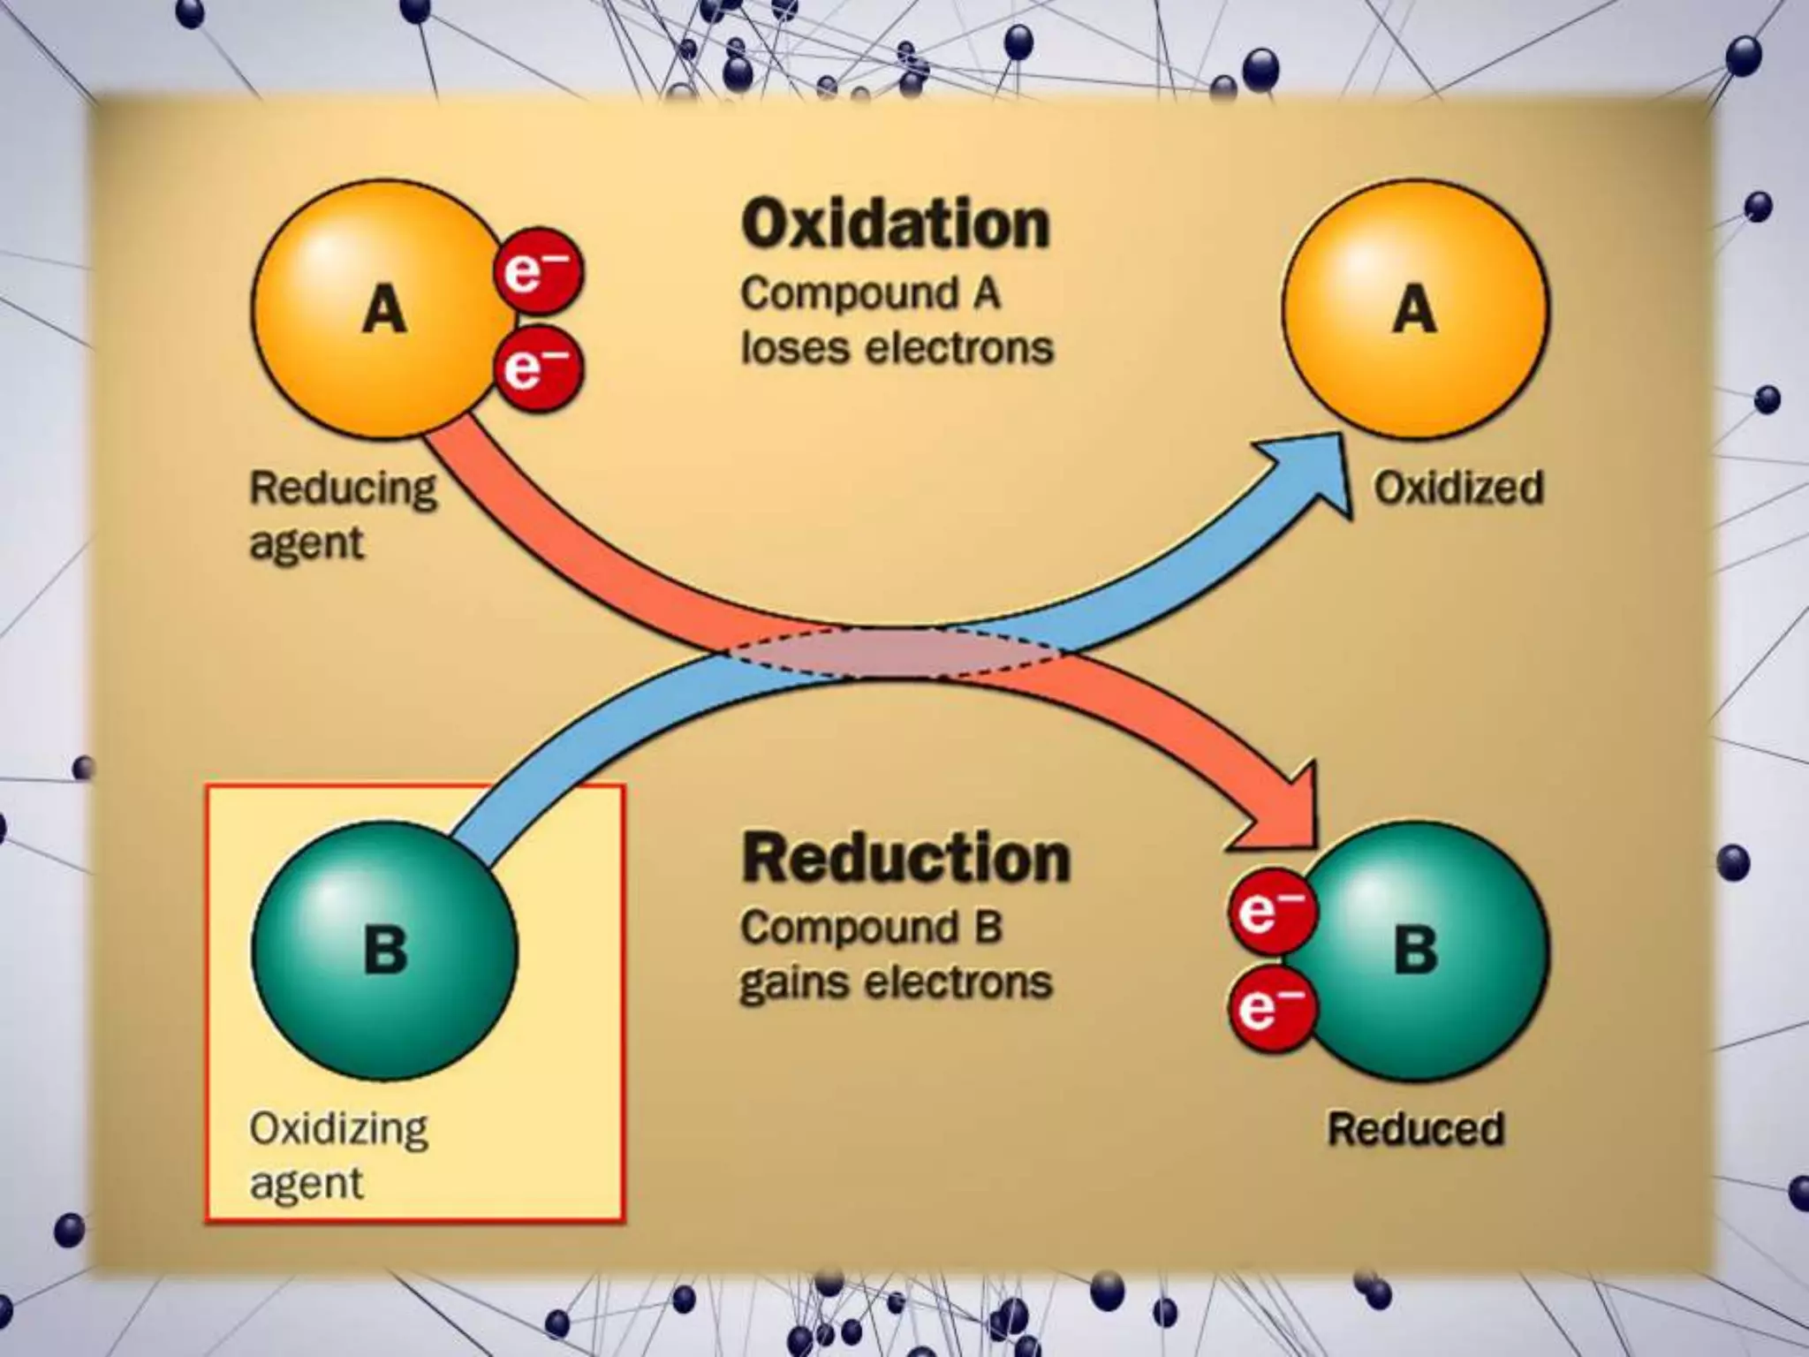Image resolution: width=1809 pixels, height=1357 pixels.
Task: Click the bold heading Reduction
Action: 905,857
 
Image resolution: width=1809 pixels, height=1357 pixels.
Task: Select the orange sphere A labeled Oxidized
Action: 1414,309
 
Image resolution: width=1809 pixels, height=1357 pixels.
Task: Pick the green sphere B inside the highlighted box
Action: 385,950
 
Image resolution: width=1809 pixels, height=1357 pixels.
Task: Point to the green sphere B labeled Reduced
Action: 1422,950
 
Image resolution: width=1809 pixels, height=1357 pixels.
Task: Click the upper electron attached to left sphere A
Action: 538,271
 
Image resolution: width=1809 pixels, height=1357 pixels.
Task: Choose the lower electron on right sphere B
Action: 1272,1008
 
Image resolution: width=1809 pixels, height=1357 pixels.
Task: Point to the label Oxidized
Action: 1458,488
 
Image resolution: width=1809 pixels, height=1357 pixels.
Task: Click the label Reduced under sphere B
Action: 1416,1128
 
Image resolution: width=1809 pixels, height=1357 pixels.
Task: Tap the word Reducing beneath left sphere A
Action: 343,489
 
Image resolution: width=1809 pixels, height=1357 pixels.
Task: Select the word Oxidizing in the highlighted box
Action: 338,1128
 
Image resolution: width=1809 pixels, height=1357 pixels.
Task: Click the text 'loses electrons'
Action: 897,347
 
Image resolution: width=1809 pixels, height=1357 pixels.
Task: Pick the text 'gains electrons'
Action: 896,982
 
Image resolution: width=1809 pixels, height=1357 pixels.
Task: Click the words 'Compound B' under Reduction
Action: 871,927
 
